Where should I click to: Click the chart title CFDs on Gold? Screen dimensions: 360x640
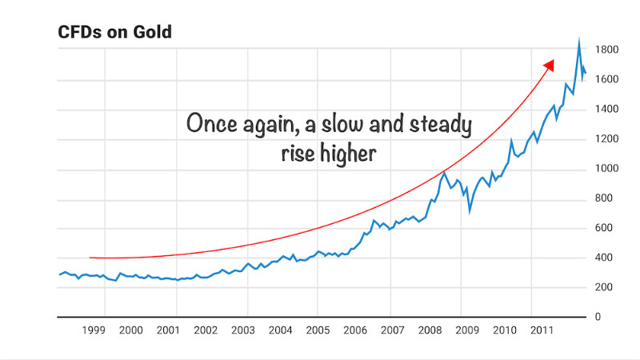pyautogui.click(x=115, y=33)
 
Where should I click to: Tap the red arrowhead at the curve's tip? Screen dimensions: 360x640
pyautogui.click(x=549, y=65)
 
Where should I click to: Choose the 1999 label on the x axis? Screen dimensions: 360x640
pyautogui.click(x=94, y=330)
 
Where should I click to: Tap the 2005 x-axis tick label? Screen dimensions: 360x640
pyautogui.click(x=318, y=330)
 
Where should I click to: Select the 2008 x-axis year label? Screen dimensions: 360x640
pyautogui.click(x=430, y=330)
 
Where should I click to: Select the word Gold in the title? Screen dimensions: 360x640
pyautogui.click(x=154, y=33)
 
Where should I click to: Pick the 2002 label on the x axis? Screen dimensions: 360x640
pyautogui.click(x=206, y=330)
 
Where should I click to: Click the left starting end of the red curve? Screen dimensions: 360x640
pyautogui.click(x=90, y=258)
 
